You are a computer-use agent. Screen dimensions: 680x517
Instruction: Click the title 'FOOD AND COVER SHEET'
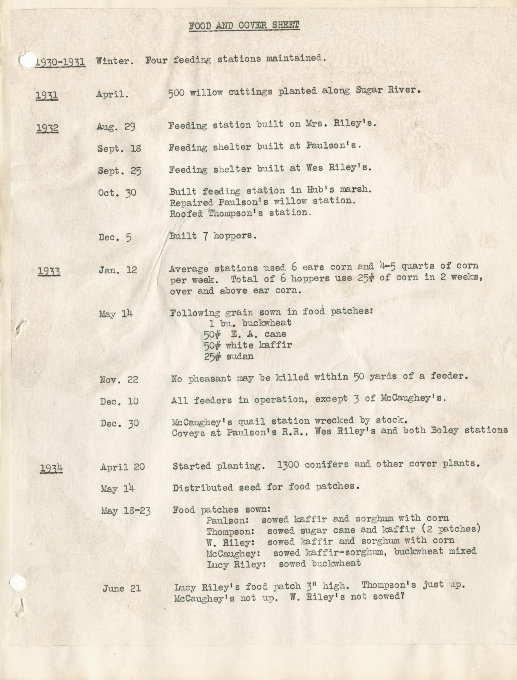click(244, 25)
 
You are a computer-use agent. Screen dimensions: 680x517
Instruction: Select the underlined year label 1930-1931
click(60, 62)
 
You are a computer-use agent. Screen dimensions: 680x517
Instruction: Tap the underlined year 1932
click(47, 128)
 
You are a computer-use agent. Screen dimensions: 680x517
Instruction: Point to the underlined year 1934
click(51, 468)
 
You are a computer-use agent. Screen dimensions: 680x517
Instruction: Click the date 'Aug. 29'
click(116, 126)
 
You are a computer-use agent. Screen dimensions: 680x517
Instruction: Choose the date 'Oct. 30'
click(117, 193)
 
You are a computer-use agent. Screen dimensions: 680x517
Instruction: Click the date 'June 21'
click(122, 588)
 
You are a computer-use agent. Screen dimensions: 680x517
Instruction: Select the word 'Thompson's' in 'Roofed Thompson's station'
click(235, 213)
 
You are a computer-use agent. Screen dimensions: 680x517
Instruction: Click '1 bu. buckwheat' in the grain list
click(250, 323)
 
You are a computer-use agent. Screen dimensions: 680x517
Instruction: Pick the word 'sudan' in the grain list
click(240, 356)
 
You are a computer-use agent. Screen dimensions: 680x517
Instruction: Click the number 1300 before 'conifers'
click(288, 465)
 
